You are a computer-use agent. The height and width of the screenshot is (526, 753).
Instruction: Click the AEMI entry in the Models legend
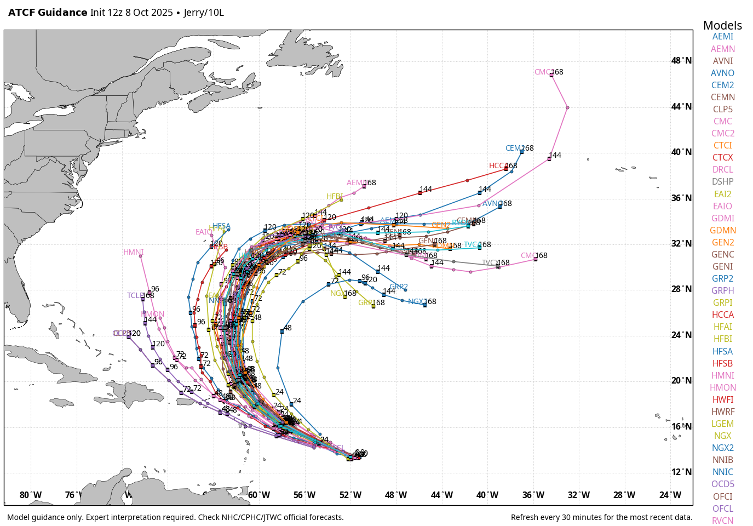722,37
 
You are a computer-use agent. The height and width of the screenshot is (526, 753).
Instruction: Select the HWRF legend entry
722,412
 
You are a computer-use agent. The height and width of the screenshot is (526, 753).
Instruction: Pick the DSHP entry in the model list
722,182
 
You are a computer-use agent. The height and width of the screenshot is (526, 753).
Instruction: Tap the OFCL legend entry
722,509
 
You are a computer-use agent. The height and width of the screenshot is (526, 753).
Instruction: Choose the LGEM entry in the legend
722,424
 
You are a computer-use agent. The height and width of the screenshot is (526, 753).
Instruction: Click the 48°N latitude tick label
681,61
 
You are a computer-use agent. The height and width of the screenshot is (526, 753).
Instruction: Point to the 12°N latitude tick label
681,472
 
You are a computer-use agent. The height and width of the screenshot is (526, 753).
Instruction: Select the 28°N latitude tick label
681,289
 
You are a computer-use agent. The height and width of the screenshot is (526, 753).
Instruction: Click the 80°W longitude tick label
31,495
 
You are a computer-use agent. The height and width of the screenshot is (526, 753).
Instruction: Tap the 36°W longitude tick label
533,495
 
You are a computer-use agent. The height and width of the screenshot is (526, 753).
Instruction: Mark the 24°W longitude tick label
670,495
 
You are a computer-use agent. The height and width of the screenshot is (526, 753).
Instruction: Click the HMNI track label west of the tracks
133,253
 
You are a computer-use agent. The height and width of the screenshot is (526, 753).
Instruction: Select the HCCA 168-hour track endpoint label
497,166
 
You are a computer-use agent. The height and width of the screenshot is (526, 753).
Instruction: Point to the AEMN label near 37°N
356,183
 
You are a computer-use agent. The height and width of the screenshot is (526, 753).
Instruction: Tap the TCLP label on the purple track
135,296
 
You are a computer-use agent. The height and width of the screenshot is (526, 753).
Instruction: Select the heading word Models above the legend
722,25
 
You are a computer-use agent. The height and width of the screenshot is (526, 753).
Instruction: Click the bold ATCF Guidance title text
48,13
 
